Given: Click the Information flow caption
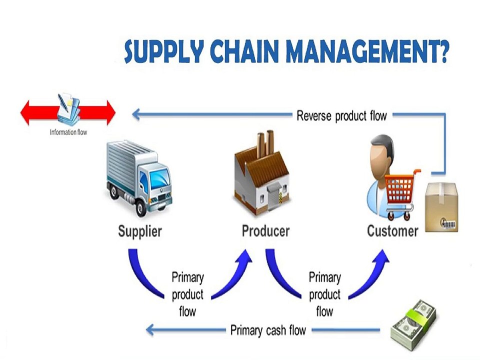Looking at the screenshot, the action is [x=68, y=132].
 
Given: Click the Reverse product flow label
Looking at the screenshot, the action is [x=341, y=116].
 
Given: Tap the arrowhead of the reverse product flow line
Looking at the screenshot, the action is [x=136, y=114].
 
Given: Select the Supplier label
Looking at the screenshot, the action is [x=140, y=231].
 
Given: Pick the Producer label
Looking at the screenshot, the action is [x=265, y=231].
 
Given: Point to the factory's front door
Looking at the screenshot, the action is [x=274, y=195].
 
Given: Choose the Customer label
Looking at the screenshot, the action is [x=392, y=231].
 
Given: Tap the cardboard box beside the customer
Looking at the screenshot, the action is [x=441, y=207].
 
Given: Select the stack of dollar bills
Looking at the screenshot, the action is [x=414, y=324].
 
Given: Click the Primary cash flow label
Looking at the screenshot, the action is [x=268, y=330].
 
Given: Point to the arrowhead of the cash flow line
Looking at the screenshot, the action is [x=150, y=330].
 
